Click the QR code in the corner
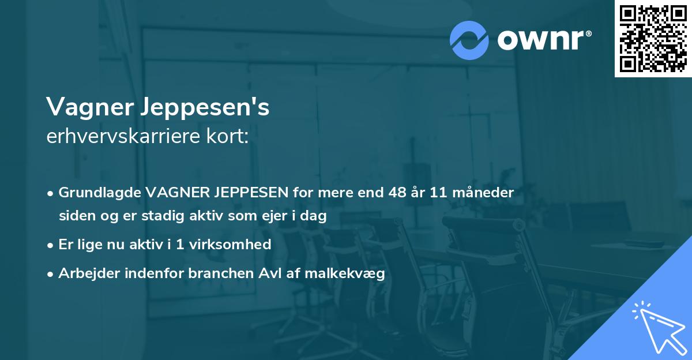[x=653, y=38]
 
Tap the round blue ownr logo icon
[x=469, y=40]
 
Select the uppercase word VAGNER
[x=174, y=192]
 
